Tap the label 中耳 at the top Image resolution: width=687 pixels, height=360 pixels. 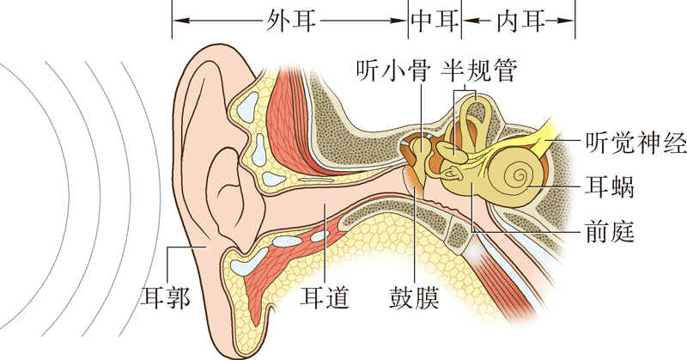pos(435,19)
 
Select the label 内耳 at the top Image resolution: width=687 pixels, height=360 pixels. pos(519,19)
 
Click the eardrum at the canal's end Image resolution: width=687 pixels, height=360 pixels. pos(411,180)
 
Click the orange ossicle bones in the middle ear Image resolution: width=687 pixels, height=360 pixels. pos(422,155)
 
